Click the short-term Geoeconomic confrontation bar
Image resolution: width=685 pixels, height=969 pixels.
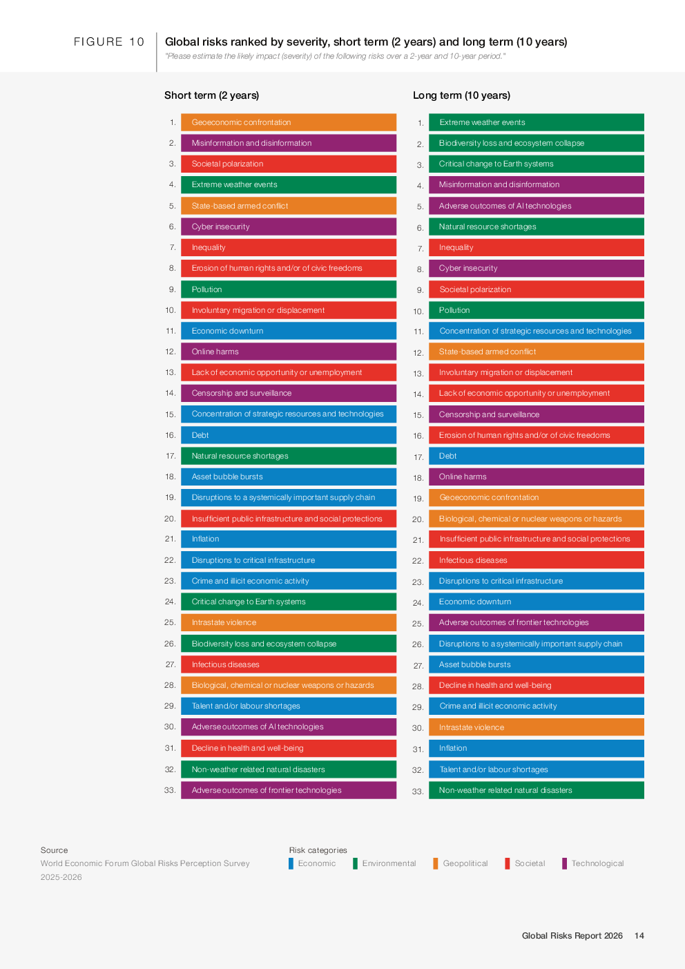point(289,122)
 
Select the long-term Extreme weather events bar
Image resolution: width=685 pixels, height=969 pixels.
point(536,122)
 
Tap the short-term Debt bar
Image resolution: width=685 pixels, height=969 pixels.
point(289,435)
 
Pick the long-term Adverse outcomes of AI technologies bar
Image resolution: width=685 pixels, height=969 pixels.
point(536,206)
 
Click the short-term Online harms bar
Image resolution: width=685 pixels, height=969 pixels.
point(289,352)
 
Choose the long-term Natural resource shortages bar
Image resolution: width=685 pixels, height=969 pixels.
point(536,227)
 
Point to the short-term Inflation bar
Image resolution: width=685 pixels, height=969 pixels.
point(289,539)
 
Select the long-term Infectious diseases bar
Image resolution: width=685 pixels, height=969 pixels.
point(536,560)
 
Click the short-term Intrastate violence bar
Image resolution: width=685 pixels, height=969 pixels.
point(289,622)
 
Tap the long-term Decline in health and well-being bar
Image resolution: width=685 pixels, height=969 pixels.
point(536,685)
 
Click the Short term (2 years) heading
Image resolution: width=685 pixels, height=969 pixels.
point(211,95)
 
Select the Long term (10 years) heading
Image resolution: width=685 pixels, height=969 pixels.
point(461,95)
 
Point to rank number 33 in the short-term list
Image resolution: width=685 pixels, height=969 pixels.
point(170,790)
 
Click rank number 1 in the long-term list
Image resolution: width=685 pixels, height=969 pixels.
point(420,123)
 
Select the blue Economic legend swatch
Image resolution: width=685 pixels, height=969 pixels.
point(291,863)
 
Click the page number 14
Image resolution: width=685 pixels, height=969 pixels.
point(639,936)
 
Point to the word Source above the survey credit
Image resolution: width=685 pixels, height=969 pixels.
point(54,850)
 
